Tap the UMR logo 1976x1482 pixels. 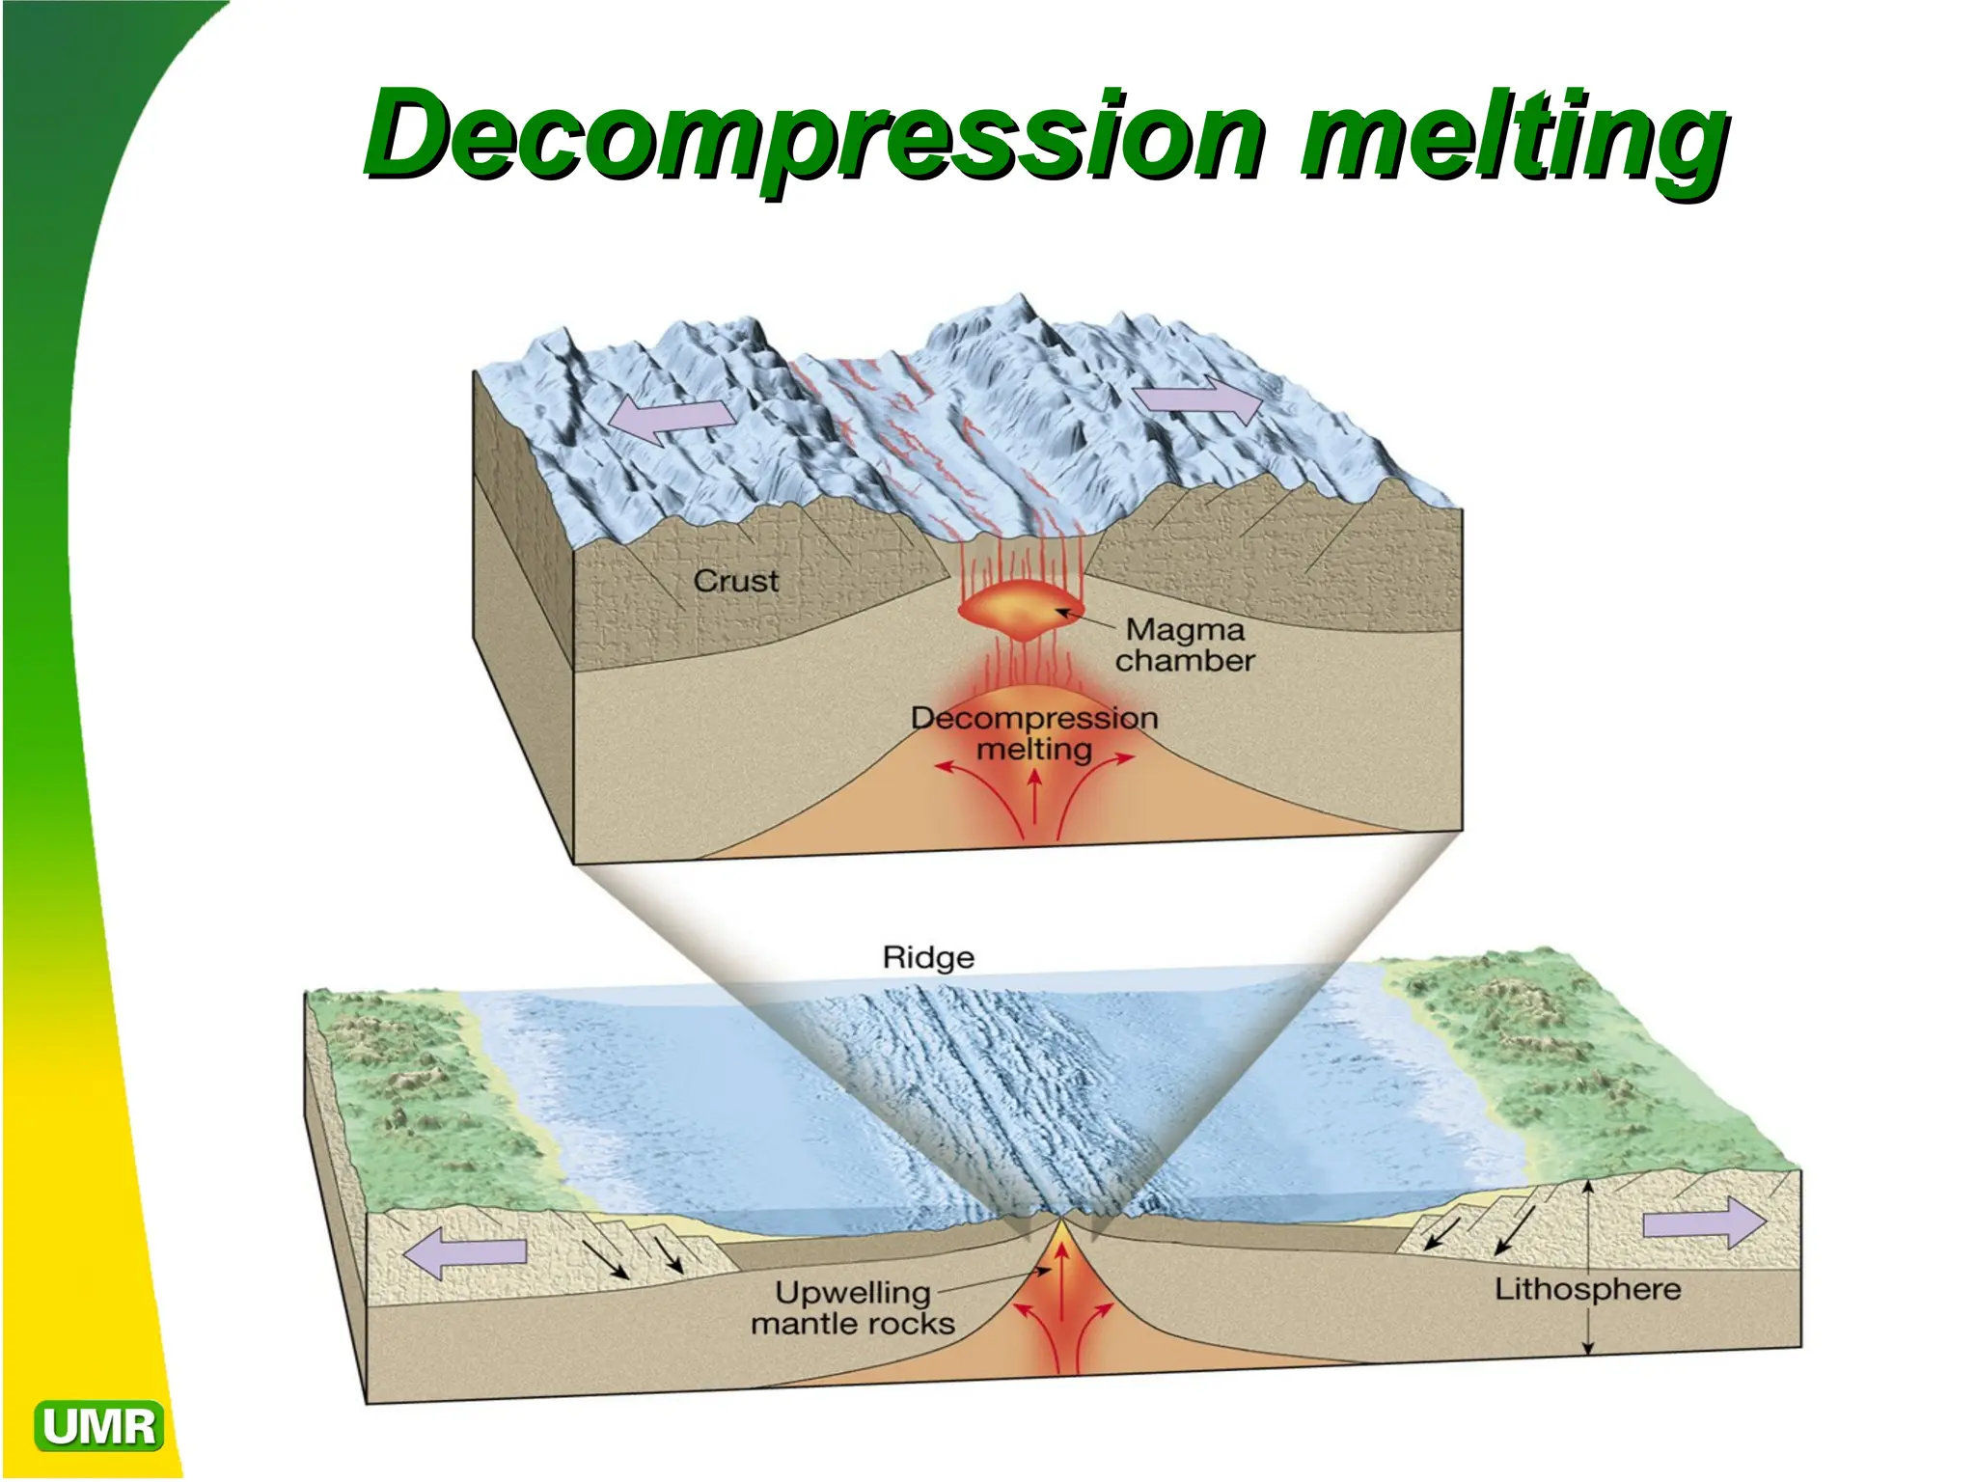[x=98, y=1426]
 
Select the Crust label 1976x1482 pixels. [x=735, y=581]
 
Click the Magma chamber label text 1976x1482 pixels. [x=1185, y=645]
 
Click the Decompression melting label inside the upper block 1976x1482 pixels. [x=1034, y=733]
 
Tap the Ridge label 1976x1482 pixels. [x=928, y=957]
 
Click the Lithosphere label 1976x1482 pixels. [x=1587, y=1289]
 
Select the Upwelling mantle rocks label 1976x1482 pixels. [x=853, y=1307]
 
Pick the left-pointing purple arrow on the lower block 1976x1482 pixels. [x=465, y=1252]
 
